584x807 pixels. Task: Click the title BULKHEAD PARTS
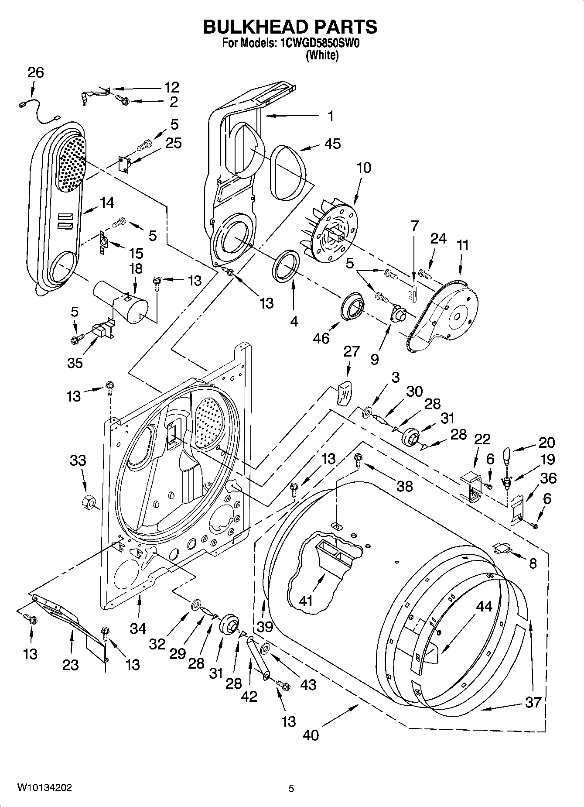(290, 27)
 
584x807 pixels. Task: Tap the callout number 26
(36, 72)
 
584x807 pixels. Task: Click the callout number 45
(332, 144)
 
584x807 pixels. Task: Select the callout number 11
(462, 245)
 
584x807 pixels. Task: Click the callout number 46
(321, 338)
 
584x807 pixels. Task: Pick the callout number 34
(138, 628)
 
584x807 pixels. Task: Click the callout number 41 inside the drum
(306, 601)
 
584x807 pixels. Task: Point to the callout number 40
(311, 735)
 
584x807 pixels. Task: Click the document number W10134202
(44, 788)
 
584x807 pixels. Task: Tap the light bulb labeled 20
(508, 456)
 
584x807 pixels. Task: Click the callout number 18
(136, 268)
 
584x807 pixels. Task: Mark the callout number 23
(71, 665)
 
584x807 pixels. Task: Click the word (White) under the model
(322, 55)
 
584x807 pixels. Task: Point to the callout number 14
(107, 203)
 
